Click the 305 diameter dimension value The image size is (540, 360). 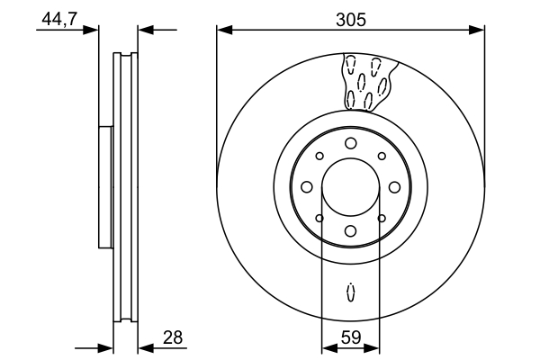(351, 20)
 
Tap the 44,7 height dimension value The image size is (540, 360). (60, 19)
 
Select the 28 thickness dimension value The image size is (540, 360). (173, 337)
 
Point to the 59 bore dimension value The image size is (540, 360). (351, 337)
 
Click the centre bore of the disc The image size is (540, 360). (351, 187)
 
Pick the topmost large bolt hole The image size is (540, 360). (351, 143)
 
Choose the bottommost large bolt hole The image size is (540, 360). (351, 230)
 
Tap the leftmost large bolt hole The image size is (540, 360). (307, 187)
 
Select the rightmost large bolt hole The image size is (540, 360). (395, 187)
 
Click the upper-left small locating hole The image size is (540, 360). (319, 156)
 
